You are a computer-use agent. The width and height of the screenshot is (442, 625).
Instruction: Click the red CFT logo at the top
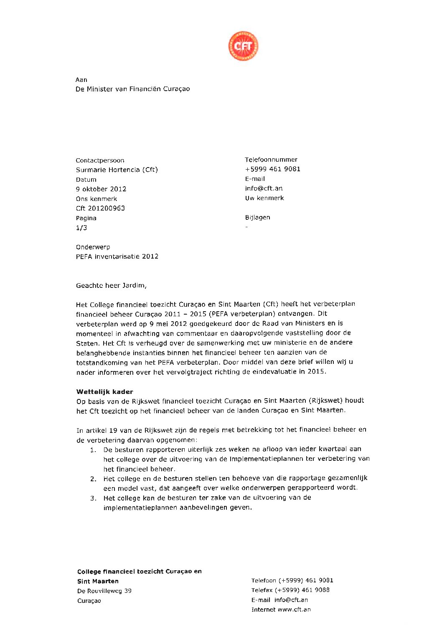[x=243, y=46]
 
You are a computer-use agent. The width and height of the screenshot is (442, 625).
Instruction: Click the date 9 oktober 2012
[x=101, y=189]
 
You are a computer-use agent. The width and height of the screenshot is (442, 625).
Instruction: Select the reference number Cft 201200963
[x=100, y=208]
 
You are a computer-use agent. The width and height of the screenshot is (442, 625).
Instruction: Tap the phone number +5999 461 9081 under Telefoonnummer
[x=272, y=169]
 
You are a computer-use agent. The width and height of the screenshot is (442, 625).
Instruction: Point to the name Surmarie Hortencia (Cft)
[x=117, y=170]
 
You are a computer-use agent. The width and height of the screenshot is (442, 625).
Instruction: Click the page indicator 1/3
[x=81, y=228]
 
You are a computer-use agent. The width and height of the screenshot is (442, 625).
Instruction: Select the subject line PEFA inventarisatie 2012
[x=117, y=257]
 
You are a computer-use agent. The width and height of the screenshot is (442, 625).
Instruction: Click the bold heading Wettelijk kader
[x=104, y=392]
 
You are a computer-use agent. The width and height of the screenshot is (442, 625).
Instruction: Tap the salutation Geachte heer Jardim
[x=111, y=286]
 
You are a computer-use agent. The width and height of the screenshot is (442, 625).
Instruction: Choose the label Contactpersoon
[x=100, y=160]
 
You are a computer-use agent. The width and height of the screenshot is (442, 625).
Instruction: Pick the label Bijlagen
[x=257, y=218]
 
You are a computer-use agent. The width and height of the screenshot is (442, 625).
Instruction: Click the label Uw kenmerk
[x=264, y=198]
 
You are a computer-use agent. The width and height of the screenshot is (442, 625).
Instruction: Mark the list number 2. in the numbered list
[x=93, y=479]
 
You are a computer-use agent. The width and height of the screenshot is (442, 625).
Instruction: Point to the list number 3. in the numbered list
[x=93, y=498]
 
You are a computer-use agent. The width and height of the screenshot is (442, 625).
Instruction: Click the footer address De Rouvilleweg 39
[x=104, y=591]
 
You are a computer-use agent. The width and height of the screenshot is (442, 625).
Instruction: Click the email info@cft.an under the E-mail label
[x=264, y=188]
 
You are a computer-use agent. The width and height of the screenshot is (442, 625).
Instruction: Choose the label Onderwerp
[x=93, y=247]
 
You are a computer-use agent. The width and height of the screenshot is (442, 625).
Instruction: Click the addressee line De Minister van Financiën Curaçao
[x=132, y=89]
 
